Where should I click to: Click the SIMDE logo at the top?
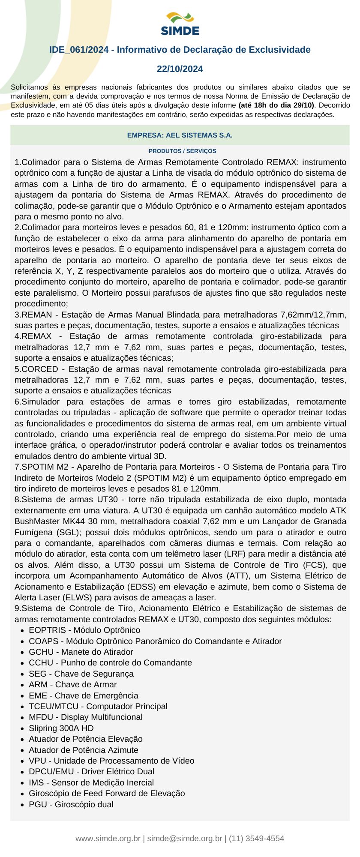pyautogui.click(x=180, y=24)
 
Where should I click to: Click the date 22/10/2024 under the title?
pyautogui.click(x=180, y=69)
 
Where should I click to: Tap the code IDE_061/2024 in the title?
pyautogui.click(x=79, y=50)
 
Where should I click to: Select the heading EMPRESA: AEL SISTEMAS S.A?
pyautogui.click(x=180, y=135)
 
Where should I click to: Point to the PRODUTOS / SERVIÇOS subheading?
pyautogui.click(x=182, y=151)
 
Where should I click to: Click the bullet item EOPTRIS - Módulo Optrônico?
pyautogui.click(x=84, y=630)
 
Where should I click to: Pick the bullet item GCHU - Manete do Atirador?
pyautogui.click(x=81, y=652)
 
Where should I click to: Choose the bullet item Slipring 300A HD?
pyautogui.click(x=61, y=728)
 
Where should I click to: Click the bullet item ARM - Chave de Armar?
pyautogui.click(x=72, y=685)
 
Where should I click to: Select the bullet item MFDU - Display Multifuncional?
pyautogui.click(x=85, y=717)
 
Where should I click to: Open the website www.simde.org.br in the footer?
pyautogui.click(x=108, y=839)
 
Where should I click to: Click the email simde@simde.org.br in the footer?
pyautogui.click(x=184, y=839)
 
